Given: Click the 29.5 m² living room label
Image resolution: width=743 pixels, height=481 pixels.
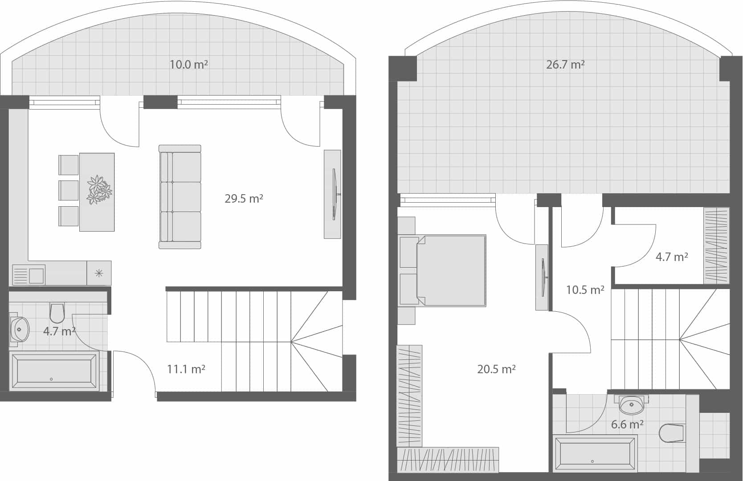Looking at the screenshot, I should tap(244, 199).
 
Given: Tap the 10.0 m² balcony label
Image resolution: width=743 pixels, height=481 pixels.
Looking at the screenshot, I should tap(188, 65).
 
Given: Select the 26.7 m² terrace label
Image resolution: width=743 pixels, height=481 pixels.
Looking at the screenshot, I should tap(565, 65).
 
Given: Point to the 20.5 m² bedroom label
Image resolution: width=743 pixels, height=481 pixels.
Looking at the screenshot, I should tap(496, 369).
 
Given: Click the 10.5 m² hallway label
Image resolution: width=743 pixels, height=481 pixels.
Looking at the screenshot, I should tap(585, 290).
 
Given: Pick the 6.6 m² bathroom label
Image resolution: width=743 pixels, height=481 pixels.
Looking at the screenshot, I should tap(627, 424).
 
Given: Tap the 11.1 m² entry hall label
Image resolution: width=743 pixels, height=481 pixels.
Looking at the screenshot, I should tap(186, 369).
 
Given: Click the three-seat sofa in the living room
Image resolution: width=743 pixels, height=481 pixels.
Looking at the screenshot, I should tap(180, 196).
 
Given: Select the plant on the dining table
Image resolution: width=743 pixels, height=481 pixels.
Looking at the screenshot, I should tap(99, 190).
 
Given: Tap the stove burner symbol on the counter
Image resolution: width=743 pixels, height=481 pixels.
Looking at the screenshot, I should tap(99, 273).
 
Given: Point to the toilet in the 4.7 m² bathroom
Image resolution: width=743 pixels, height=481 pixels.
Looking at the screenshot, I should tap(57, 313).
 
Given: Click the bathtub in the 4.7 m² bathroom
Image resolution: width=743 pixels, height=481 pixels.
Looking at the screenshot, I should tap(54, 371).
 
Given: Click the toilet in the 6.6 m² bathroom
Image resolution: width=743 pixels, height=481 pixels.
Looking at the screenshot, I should tap(671, 432).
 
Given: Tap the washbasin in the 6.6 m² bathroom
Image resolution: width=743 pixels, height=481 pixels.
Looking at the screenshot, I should tap(631, 405).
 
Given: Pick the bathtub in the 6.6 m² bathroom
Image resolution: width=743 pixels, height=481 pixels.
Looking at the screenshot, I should tap(595, 454).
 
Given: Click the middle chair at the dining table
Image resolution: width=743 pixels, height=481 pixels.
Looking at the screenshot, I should tap(69, 190).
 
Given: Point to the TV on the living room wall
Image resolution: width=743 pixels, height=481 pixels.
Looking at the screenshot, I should tap(335, 194).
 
